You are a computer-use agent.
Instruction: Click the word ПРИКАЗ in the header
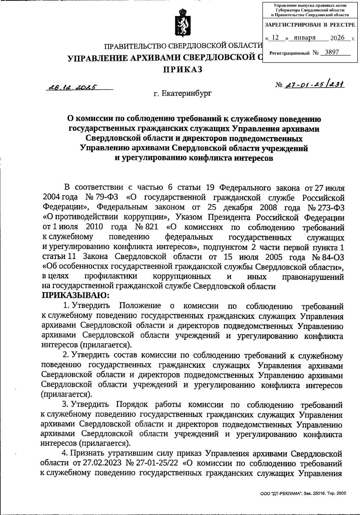(x=183, y=70)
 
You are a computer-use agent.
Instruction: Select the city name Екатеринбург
(x=186, y=94)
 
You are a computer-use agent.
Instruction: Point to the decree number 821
(x=151, y=227)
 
